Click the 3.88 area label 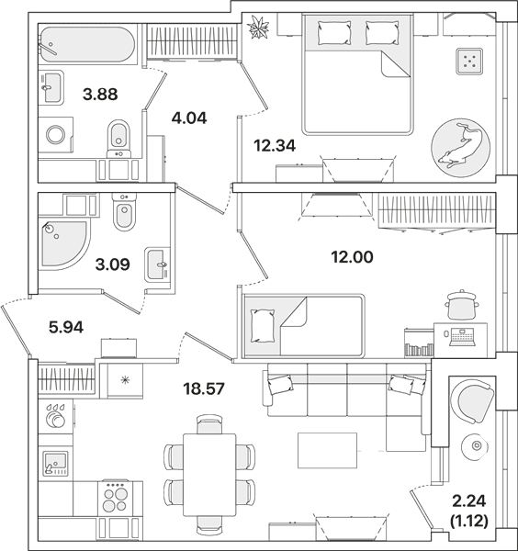[100, 95]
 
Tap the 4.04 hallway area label [189, 118]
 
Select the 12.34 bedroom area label [275, 145]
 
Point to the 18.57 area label [204, 388]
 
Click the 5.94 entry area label [66, 328]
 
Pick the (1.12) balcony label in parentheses [469, 521]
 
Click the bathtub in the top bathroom [87, 44]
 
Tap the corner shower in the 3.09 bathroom [64, 245]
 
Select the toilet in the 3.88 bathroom [118, 139]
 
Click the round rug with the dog [460, 148]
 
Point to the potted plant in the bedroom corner [258, 27]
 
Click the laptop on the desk [462, 337]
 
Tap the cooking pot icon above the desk [461, 304]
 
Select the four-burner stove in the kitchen [115, 497]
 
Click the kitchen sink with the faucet [55, 464]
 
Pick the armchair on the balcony [472, 400]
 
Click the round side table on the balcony [476, 446]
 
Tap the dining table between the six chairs [209, 474]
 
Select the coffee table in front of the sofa [327, 450]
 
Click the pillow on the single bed [263, 326]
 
